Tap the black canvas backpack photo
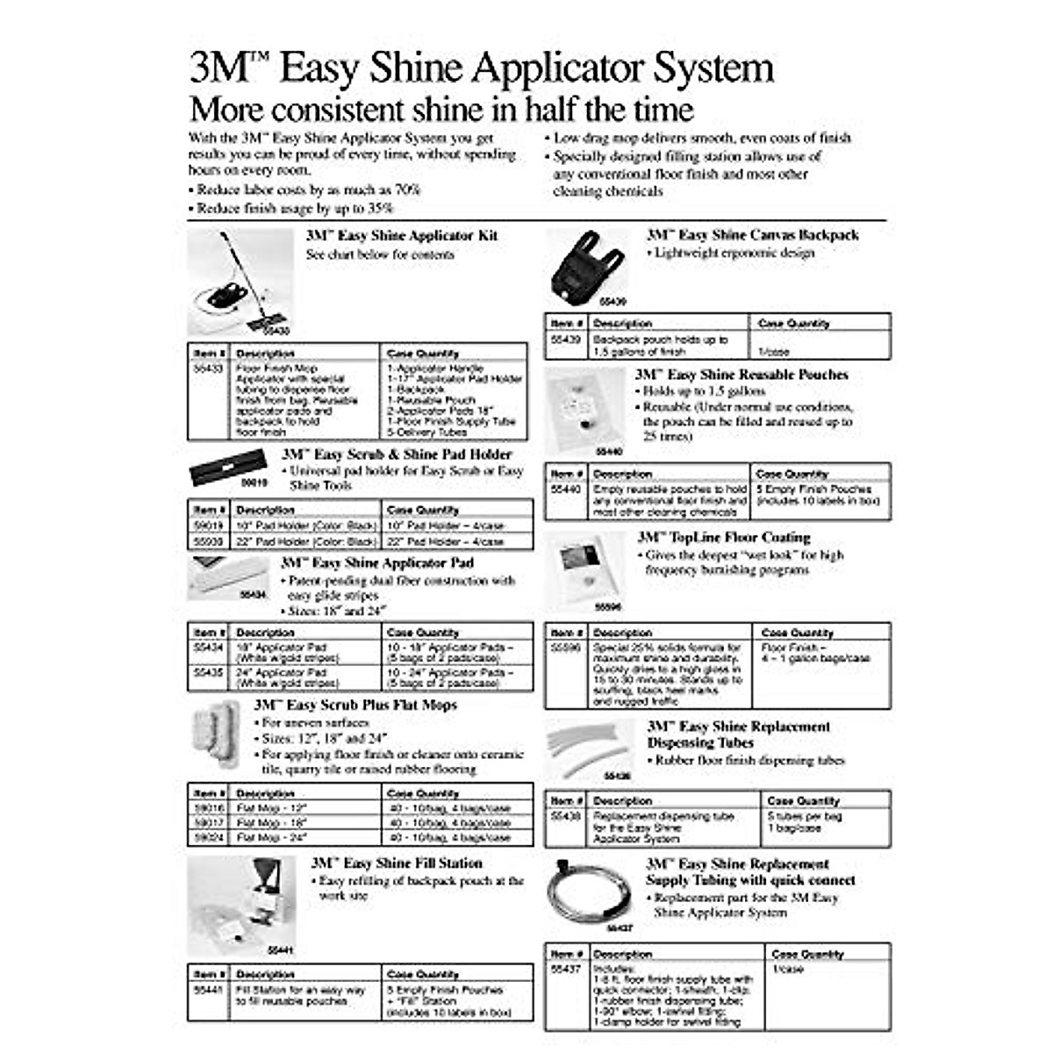coord(583,264)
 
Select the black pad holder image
coord(227,469)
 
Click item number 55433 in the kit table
coord(208,369)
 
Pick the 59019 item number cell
coord(209,526)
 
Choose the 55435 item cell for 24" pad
coord(209,672)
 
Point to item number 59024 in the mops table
coord(209,838)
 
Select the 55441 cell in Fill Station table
coord(209,989)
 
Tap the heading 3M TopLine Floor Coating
coord(724,537)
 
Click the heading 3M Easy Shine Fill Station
coord(397,863)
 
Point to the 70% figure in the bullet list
coord(405,190)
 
